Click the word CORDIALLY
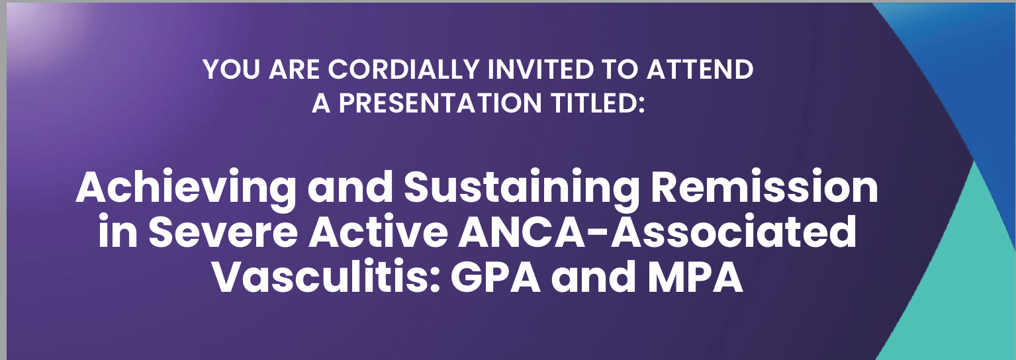(x=404, y=69)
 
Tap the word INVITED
(x=540, y=69)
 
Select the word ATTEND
(x=700, y=69)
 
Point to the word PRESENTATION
(x=440, y=103)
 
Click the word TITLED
(x=597, y=103)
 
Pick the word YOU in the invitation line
(x=231, y=69)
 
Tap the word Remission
(x=764, y=187)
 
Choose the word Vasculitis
(x=327, y=277)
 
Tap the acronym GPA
(x=496, y=277)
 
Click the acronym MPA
(x=696, y=277)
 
